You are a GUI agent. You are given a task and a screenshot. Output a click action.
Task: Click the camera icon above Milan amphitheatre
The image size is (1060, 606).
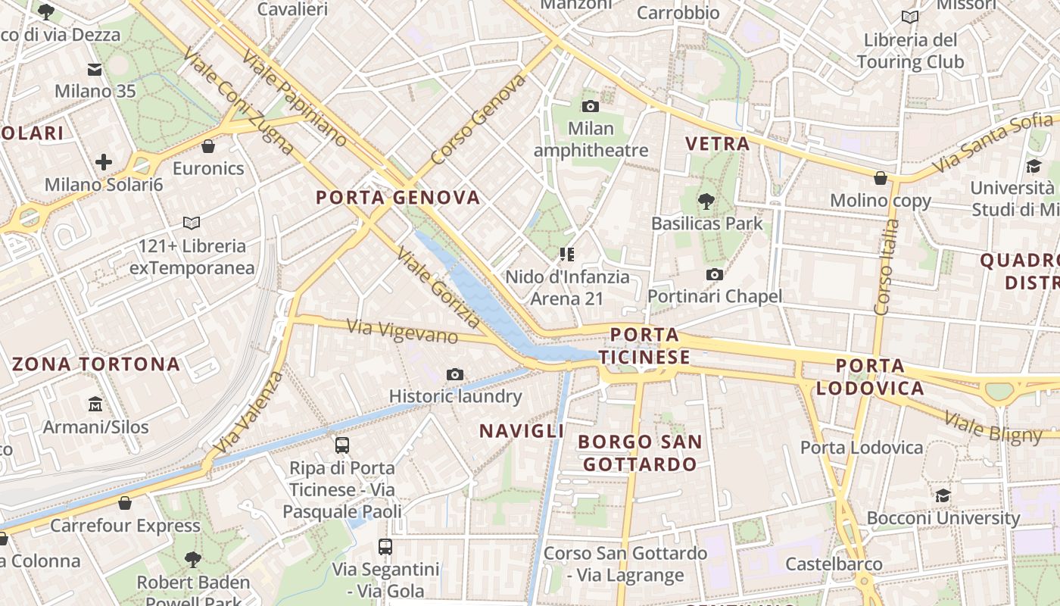[x=591, y=107]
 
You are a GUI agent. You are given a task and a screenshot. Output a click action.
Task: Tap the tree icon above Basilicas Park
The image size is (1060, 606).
[x=706, y=201]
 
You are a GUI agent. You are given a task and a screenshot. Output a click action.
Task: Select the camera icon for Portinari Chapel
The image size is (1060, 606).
[x=714, y=274]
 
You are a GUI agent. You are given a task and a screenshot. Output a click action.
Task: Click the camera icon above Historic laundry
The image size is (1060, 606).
[x=455, y=374]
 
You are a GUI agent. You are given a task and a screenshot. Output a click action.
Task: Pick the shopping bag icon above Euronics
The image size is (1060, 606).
[x=208, y=146]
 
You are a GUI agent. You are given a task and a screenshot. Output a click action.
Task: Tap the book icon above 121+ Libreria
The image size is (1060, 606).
[x=192, y=223]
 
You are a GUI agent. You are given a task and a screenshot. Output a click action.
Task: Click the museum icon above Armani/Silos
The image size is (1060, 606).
[x=95, y=405]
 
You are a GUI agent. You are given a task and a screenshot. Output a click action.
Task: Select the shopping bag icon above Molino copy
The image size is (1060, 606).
[x=880, y=178]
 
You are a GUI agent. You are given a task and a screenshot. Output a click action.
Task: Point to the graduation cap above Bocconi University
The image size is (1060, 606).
[x=943, y=496]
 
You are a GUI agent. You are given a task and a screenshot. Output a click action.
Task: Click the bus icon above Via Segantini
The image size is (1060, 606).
[x=385, y=547]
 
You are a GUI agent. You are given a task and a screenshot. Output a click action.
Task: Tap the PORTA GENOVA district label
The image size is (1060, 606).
[x=398, y=198]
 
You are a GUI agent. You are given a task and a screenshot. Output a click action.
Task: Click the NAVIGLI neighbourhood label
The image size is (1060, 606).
[x=522, y=431]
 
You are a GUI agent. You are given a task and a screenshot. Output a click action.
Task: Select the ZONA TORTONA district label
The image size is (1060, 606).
[x=96, y=364]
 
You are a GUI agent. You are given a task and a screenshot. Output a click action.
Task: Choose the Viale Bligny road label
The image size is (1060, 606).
[x=993, y=427]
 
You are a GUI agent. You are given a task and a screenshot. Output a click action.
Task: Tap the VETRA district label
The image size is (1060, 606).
[x=717, y=143]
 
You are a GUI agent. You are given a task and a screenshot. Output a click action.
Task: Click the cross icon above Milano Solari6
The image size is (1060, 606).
[x=104, y=162]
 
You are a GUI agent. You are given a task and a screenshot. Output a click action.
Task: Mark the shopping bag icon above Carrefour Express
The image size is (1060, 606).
[x=125, y=503]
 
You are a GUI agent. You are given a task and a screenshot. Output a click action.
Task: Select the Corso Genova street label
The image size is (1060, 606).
[x=478, y=120]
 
